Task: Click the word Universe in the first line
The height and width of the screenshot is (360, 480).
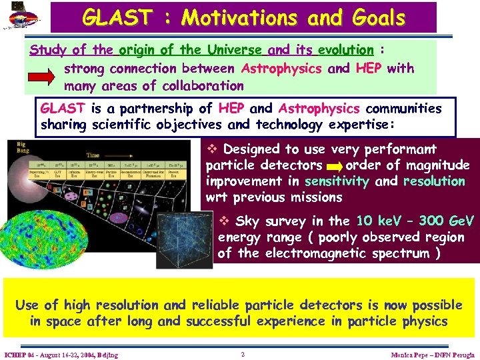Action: (x=235, y=50)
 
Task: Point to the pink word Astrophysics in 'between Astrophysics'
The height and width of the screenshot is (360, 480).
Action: (x=281, y=68)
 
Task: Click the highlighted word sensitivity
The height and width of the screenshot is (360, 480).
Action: (x=336, y=181)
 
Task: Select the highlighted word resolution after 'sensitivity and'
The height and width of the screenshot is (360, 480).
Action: (x=434, y=181)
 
